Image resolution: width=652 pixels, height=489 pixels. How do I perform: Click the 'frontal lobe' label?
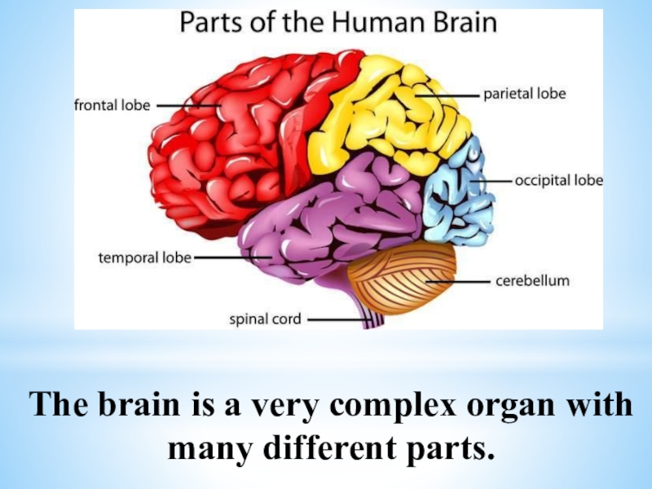pos(112,105)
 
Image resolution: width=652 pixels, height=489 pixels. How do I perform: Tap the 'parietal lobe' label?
pos(525,94)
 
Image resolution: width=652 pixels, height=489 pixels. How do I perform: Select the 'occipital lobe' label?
pos(559,179)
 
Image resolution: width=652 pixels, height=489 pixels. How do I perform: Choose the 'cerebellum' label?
pos(533,281)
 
